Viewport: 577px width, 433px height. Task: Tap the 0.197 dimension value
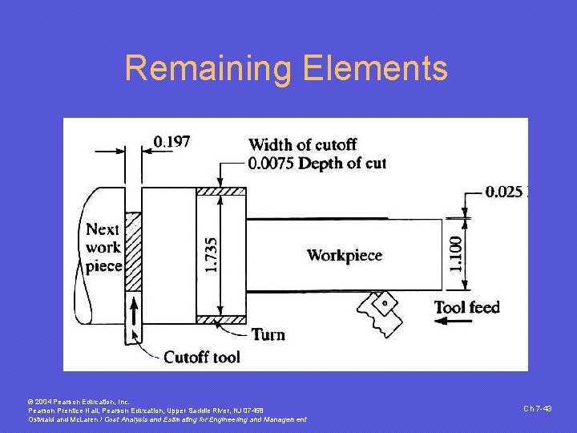coord(172,142)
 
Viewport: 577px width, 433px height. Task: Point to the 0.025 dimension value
coord(504,192)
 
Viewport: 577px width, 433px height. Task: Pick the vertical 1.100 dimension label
coord(455,253)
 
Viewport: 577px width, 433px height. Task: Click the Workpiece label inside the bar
coord(345,256)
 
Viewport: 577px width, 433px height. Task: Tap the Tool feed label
coord(466,307)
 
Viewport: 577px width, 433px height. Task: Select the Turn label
coord(268,334)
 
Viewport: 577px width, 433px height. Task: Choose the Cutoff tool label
coord(201,357)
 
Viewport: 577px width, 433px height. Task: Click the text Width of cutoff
coord(303,145)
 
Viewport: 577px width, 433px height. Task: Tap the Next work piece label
coord(103,247)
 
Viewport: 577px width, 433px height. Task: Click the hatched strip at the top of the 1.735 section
coord(221,191)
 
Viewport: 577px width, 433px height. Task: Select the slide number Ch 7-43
coord(538,409)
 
